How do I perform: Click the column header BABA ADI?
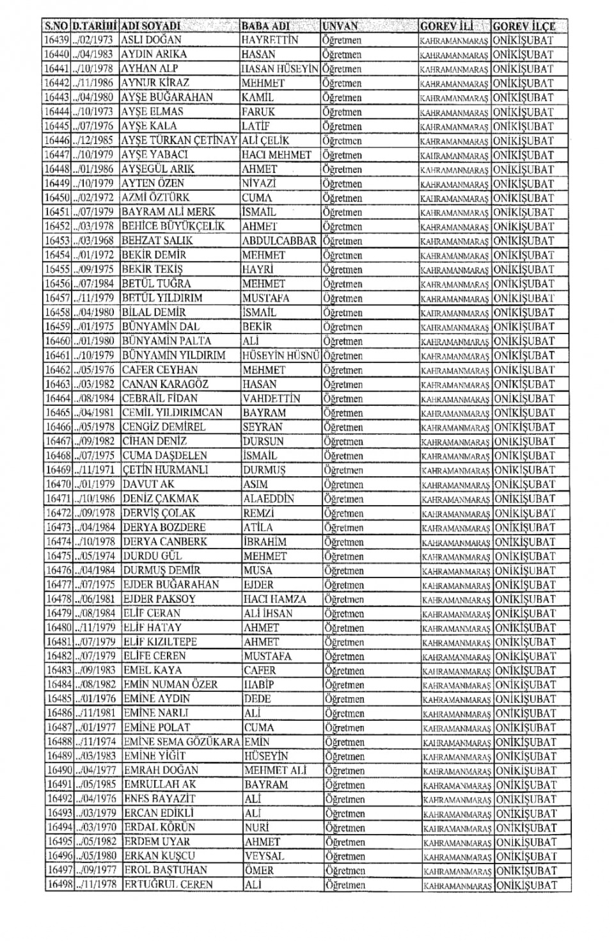[266, 26]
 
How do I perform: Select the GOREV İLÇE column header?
[524, 26]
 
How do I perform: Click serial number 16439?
[56, 40]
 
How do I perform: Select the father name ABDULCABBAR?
[279, 241]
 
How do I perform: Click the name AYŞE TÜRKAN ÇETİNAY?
[179, 140]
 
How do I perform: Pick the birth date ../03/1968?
[96, 241]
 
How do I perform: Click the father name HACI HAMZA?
[275, 599]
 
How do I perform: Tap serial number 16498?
[59, 885]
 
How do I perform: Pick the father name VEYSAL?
[264, 856]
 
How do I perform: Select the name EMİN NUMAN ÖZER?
[170, 684]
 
